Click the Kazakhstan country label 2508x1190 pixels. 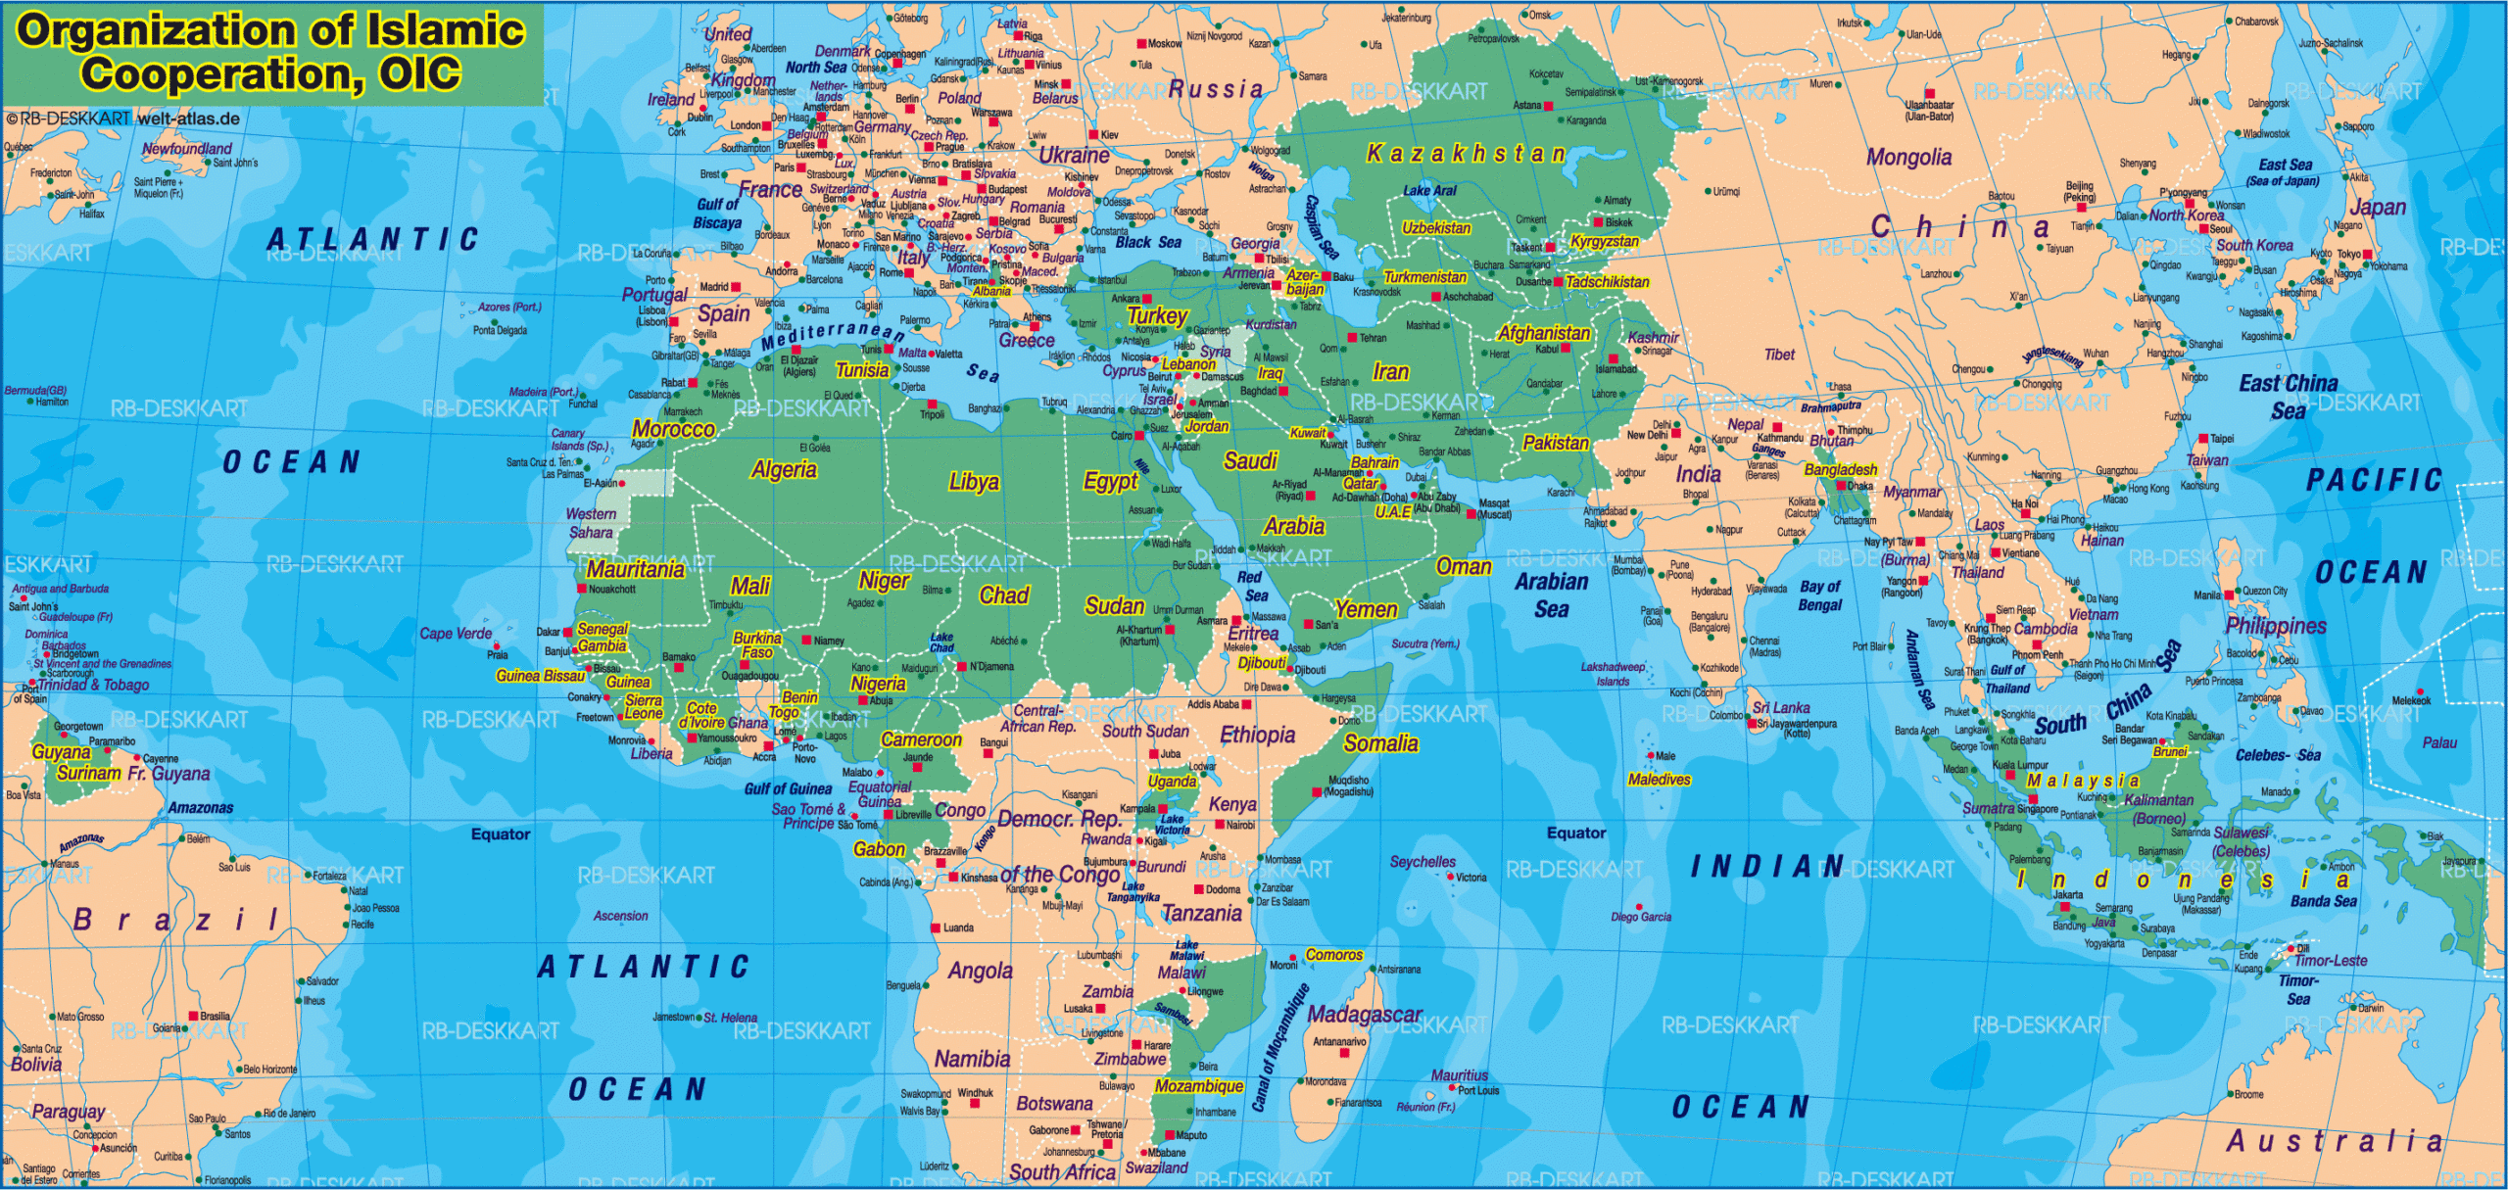[1467, 154]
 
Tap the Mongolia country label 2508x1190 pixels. [1907, 158]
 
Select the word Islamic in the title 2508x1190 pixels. [446, 29]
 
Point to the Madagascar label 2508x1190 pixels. [1365, 1016]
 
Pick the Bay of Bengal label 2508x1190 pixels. [1820, 595]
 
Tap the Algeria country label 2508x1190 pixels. [784, 470]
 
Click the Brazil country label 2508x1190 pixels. [176, 920]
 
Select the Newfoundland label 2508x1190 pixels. [187, 149]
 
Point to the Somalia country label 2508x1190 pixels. [1380, 743]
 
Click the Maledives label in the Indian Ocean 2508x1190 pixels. [1659, 780]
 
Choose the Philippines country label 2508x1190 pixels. [2275, 625]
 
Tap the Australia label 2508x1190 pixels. [2335, 1141]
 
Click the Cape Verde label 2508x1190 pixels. [456, 634]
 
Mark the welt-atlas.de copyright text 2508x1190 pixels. [188, 119]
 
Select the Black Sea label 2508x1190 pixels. [1148, 242]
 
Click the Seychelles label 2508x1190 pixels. [1423, 862]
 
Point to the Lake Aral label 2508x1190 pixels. [1429, 191]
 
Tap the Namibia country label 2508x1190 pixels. [972, 1059]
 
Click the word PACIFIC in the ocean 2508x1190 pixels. [2374, 480]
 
